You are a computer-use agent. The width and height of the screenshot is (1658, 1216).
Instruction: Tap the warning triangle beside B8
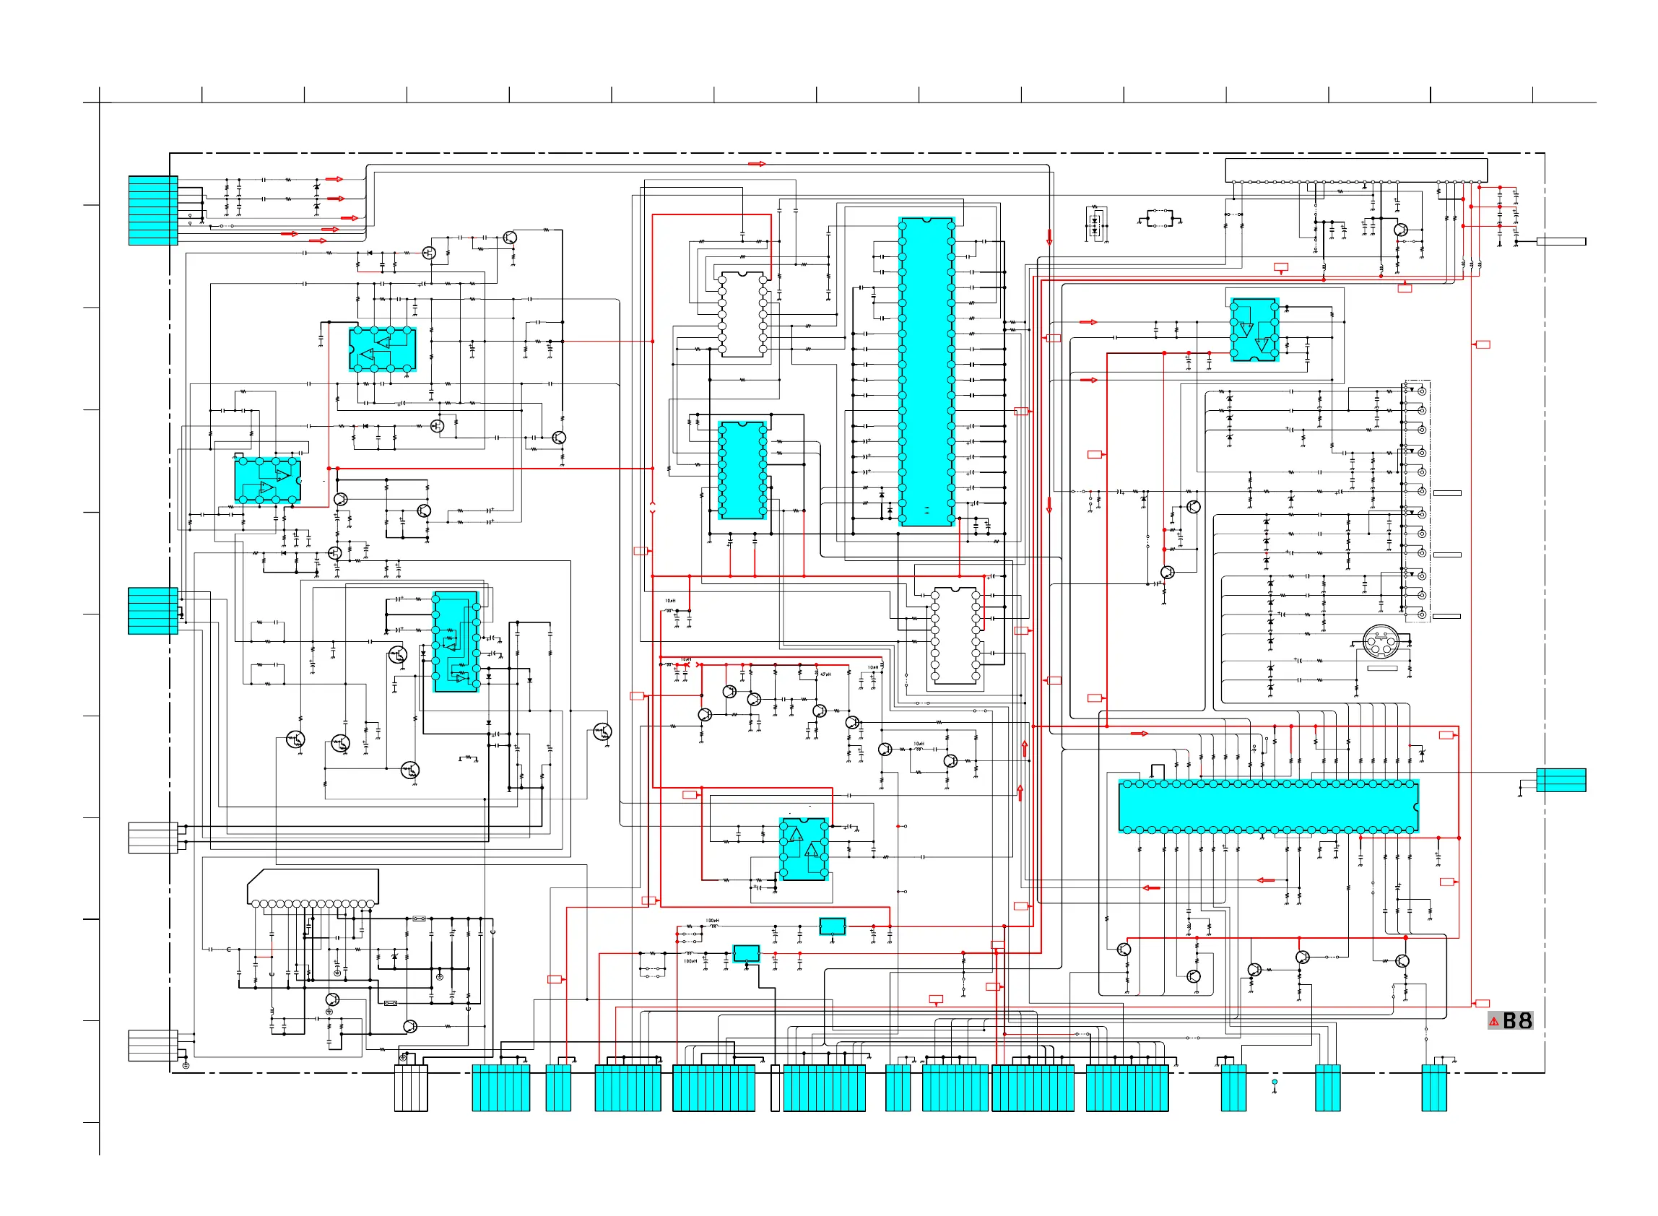pos(1493,1022)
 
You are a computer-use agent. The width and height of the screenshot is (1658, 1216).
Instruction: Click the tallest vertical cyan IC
pos(926,372)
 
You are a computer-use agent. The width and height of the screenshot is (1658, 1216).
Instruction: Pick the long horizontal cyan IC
pos(1267,807)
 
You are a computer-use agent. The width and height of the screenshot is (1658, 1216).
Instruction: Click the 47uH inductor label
pos(825,674)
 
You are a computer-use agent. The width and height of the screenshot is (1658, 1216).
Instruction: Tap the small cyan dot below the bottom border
pos(1275,1082)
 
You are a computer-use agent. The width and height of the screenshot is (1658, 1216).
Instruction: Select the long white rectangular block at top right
pos(1355,170)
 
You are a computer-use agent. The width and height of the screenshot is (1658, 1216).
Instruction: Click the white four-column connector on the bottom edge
pos(411,1087)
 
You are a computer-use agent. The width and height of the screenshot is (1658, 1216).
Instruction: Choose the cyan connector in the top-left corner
pos(153,211)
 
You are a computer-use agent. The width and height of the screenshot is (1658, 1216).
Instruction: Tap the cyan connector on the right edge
pos(1560,781)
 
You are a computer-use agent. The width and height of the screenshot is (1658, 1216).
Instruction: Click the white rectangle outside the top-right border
pos(1560,241)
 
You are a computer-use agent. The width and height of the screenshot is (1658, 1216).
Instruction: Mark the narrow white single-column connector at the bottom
pos(774,1087)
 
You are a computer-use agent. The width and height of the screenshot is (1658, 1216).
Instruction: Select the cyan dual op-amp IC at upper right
pos(1254,330)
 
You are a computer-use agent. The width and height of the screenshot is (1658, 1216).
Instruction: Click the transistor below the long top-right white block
pos(1400,230)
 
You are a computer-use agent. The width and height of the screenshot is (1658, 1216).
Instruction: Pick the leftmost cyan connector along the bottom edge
pos(500,1087)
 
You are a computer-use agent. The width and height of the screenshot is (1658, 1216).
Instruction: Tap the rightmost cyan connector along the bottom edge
pos(1433,1087)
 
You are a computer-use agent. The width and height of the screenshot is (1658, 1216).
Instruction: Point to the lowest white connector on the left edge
pos(153,1046)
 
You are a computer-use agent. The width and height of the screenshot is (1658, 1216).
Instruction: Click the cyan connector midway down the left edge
pos(153,611)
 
